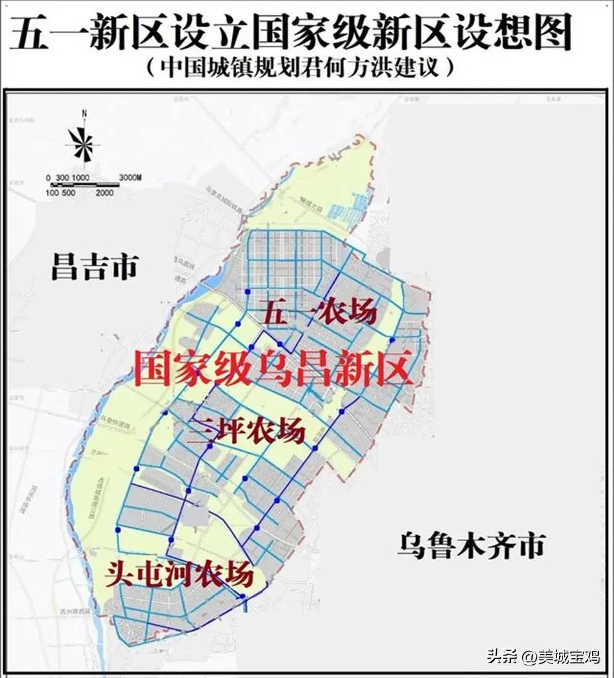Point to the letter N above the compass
[x=84, y=114]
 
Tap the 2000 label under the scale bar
[x=104, y=193]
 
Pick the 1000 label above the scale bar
[x=81, y=177]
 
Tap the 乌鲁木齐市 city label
[x=471, y=547]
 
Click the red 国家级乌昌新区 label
[x=273, y=368]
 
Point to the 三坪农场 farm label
[x=246, y=431]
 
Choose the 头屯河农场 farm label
[x=179, y=573]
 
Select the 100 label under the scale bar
[x=52, y=193]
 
